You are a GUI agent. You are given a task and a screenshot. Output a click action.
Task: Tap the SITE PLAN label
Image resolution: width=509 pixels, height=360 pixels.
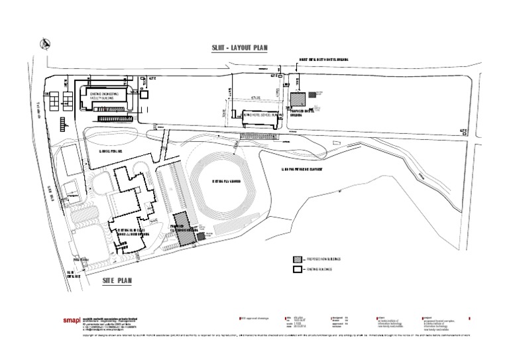coord(117,281)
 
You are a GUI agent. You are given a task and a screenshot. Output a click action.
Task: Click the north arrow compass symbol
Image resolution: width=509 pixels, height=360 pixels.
coord(45,44)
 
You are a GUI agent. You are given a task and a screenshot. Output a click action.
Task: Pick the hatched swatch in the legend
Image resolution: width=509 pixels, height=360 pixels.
coord(298,258)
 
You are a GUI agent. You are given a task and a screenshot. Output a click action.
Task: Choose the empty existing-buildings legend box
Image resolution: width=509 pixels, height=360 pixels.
coord(298,270)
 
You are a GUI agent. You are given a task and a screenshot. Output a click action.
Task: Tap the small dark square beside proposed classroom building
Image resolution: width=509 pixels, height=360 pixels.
coord(201,237)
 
